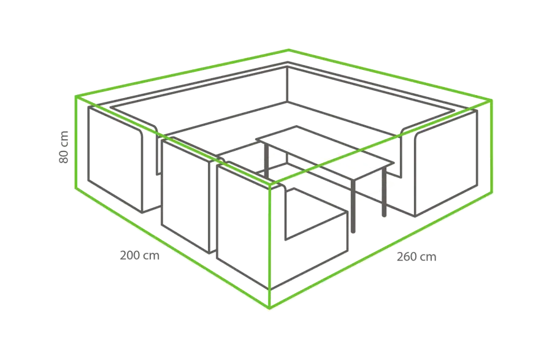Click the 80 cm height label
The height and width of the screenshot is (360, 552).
coord(64,147)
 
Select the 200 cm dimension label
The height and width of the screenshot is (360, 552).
coord(139,255)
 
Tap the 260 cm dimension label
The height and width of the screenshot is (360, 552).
coord(416,257)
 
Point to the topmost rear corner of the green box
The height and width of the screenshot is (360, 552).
coord(289,50)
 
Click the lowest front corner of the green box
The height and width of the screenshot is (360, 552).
coord(270,308)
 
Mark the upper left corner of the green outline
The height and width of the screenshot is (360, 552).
coord(75,96)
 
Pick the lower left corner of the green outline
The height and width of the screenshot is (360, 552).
coord(75,188)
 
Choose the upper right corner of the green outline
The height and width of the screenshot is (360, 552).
coord(491,101)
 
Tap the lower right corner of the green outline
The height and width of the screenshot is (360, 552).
coord(492,192)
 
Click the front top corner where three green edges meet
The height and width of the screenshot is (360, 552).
coord(270,184)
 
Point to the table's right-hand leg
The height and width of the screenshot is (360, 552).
coord(384,191)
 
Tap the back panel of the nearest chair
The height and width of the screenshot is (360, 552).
coord(243,225)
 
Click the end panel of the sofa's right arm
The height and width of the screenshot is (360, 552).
coord(446,163)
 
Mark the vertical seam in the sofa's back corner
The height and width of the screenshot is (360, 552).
coord(287,84)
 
